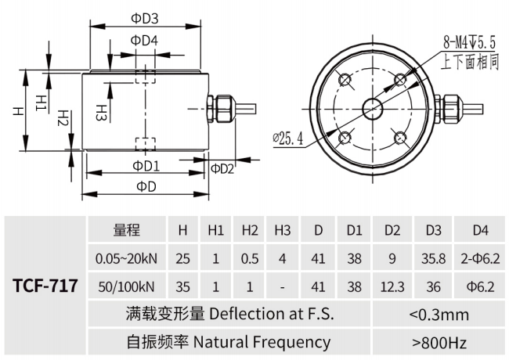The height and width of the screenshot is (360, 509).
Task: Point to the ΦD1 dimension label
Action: point(146,166)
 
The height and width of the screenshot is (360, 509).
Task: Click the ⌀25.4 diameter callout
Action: point(289,139)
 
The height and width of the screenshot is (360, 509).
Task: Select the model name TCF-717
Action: point(45,285)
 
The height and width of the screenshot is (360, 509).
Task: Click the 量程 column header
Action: point(126,230)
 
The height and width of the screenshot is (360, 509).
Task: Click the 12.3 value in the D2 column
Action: point(393,286)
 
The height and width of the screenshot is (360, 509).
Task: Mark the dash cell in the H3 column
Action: point(283,286)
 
